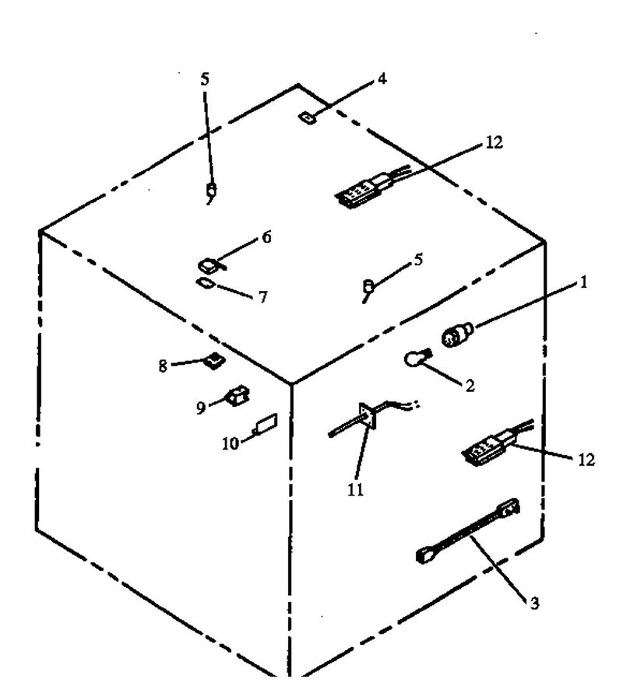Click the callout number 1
click(583, 282)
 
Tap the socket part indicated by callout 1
click(457, 334)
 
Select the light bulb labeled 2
click(417, 358)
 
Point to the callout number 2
click(470, 385)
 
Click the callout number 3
click(534, 603)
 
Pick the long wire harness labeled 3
click(468, 531)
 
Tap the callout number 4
click(382, 79)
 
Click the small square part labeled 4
click(307, 118)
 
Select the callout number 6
click(266, 237)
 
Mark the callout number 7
click(263, 297)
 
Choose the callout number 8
click(163, 366)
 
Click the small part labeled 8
click(215, 360)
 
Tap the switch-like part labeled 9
click(238, 396)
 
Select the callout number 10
click(231, 444)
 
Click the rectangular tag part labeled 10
click(266, 423)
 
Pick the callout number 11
click(355, 490)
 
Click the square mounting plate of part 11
click(368, 416)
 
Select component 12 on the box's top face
click(372, 188)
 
